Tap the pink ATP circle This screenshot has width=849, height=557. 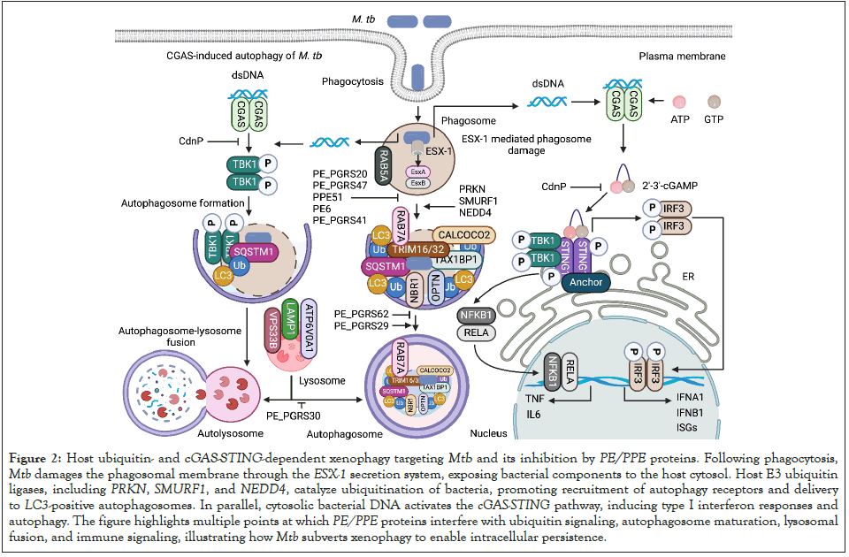click(x=680, y=103)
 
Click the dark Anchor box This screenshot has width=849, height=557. click(x=581, y=283)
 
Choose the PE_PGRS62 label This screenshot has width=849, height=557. click(x=362, y=314)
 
